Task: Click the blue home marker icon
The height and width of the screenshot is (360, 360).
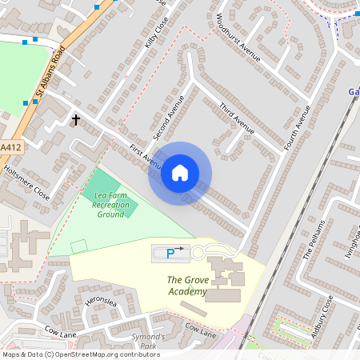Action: point(180,173)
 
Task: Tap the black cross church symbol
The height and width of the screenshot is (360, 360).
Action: point(77,120)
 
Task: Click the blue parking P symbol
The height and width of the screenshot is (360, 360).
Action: point(170,254)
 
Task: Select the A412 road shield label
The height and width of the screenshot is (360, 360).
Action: point(10,148)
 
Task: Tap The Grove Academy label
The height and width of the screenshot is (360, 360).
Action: point(187,286)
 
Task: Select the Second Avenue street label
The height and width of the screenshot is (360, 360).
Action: point(170,119)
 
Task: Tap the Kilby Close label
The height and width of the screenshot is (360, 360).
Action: point(154,36)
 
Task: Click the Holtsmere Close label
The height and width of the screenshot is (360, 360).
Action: point(26,183)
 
